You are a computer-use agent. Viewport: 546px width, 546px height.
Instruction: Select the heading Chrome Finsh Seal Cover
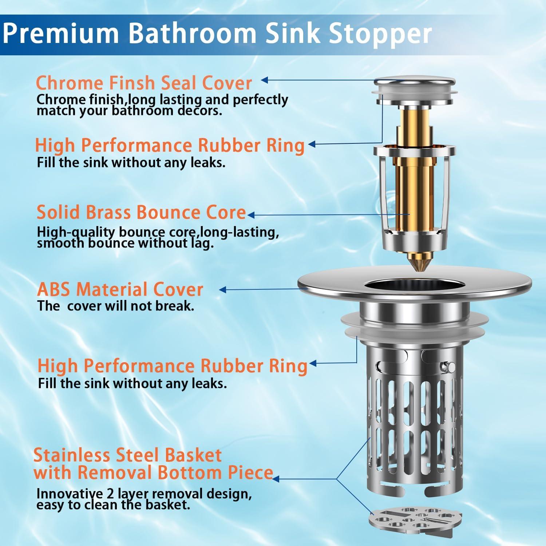144,83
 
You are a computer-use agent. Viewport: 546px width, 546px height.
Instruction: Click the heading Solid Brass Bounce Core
141,212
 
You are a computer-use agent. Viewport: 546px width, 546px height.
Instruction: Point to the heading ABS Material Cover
120,289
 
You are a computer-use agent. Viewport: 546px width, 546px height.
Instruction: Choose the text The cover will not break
116,306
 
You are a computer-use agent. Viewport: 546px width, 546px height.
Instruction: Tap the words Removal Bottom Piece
175,472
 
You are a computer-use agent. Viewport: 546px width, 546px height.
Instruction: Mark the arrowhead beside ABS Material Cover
223,290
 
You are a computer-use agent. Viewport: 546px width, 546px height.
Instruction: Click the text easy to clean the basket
113,505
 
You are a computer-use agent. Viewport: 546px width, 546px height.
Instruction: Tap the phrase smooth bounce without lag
125,243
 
